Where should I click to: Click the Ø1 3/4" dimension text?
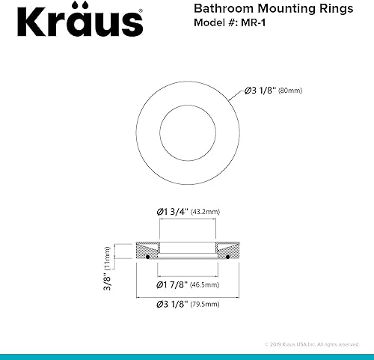(177, 212)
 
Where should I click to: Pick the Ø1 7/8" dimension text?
(176, 284)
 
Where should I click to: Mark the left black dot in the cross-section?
(149, 257)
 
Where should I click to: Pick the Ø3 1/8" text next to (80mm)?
(260, 92)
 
